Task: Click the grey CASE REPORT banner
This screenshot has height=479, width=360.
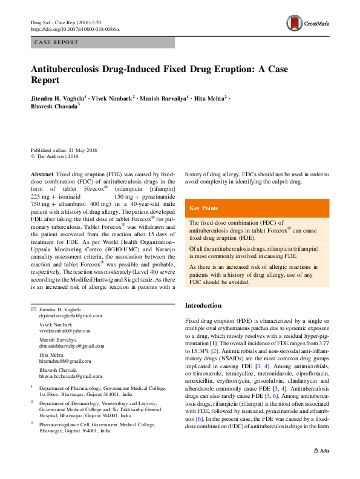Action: coord(103,42)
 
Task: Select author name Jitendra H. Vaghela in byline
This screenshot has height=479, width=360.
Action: coord(56,97)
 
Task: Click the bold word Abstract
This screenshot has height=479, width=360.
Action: coord(41,173)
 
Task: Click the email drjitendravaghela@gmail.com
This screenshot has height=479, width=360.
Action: coord(71,316)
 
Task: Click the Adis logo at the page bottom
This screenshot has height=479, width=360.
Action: coord(322,468)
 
